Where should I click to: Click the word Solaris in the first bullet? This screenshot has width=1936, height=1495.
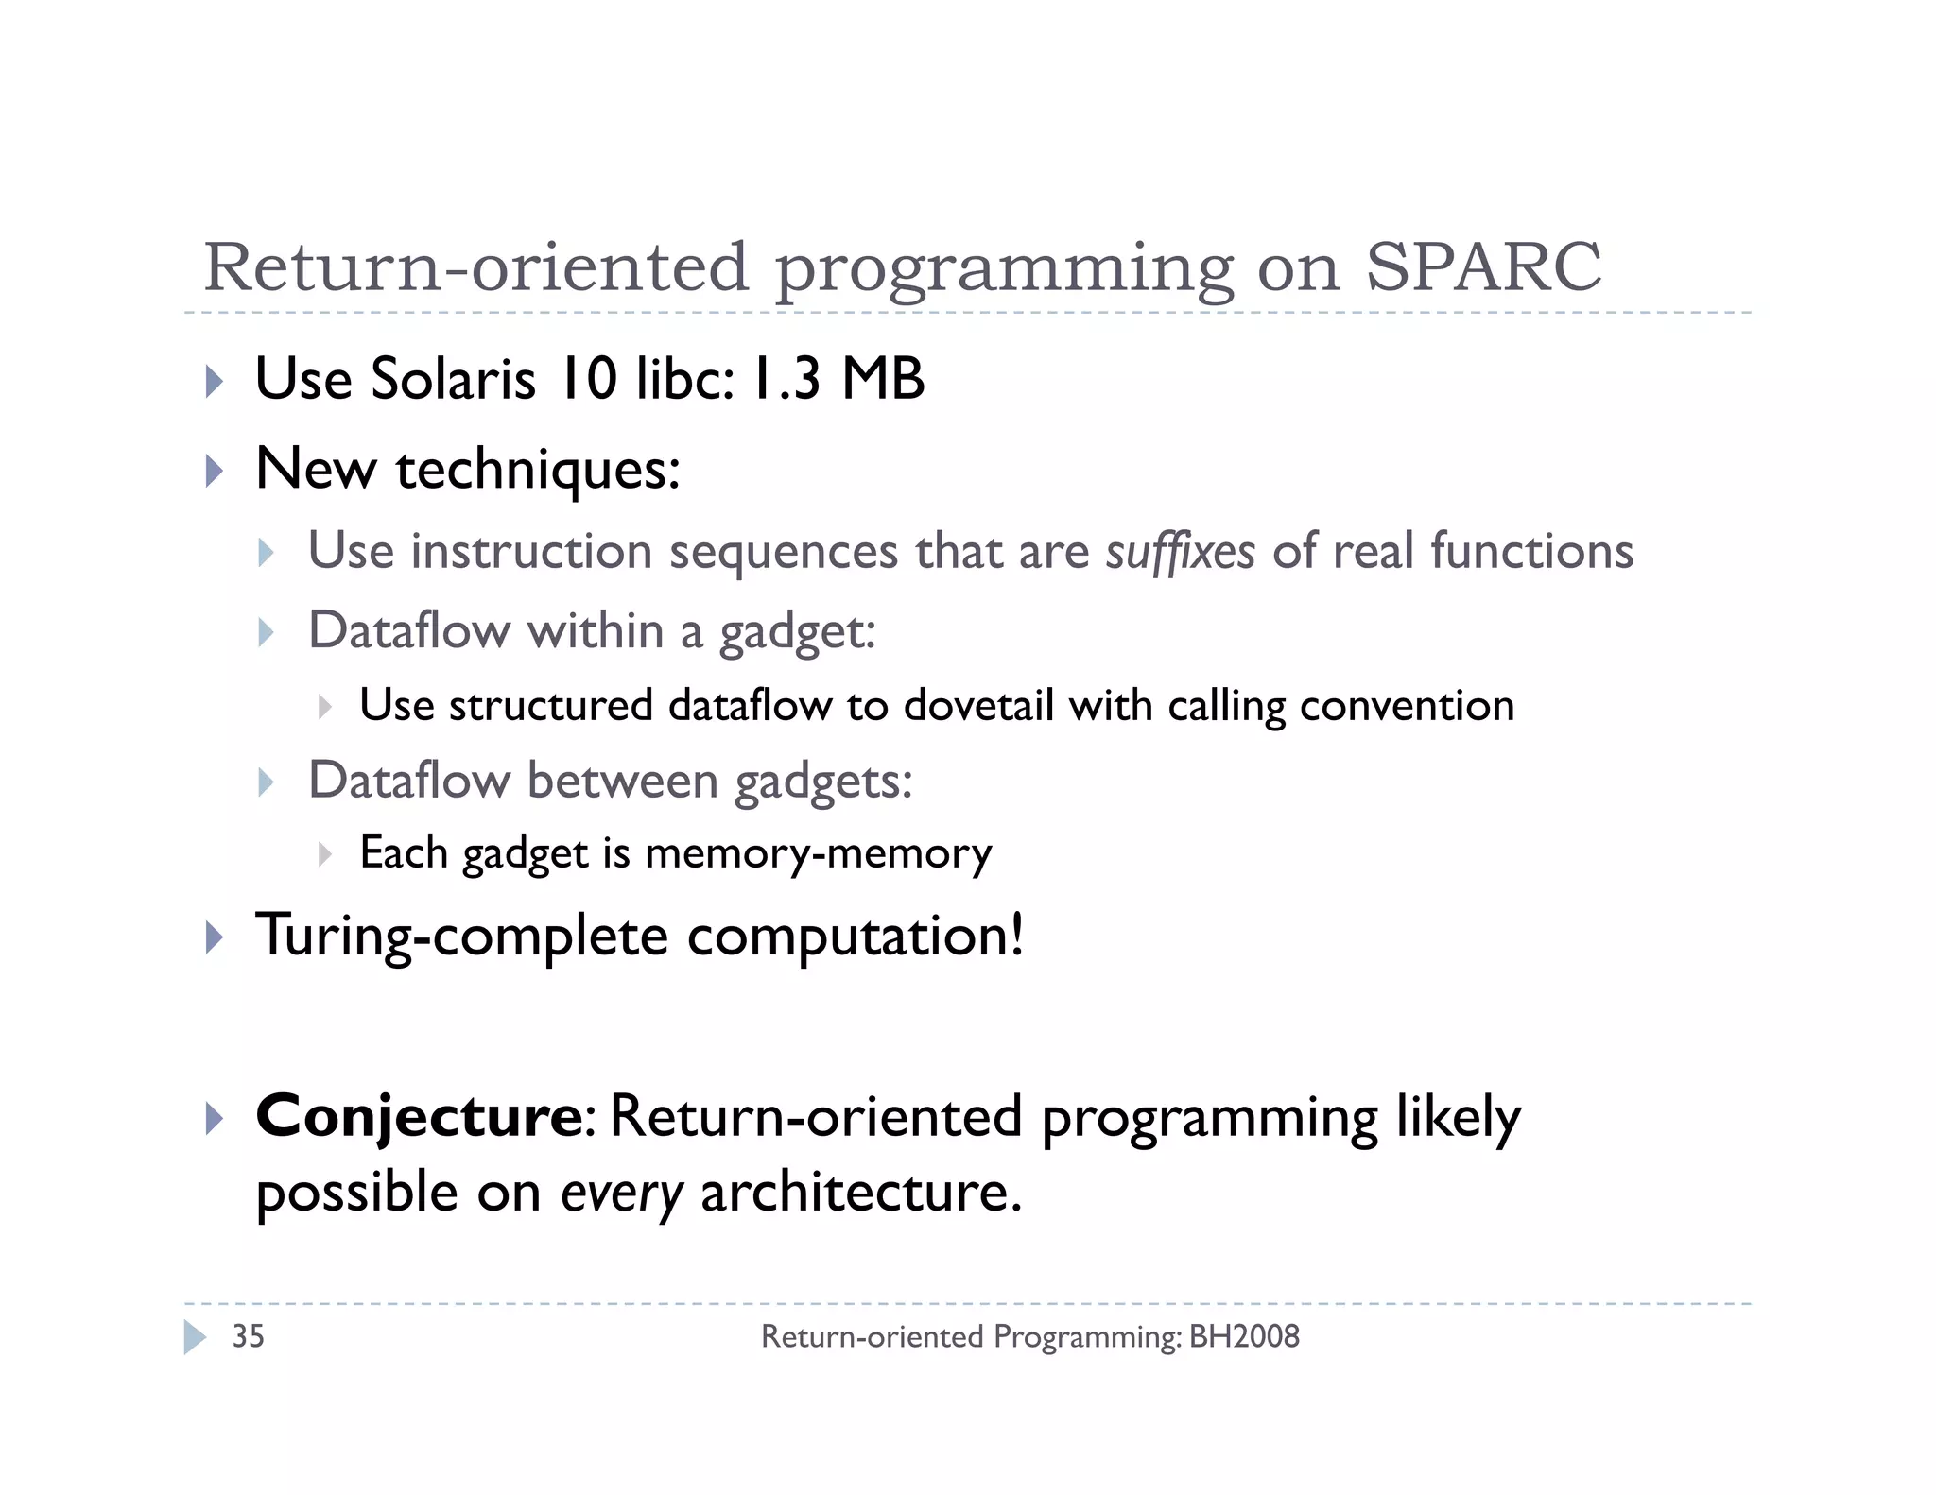[453, 379]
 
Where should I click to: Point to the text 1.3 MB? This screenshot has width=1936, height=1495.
[838, 379]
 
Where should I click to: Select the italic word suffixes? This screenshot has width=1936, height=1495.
[1180, 551]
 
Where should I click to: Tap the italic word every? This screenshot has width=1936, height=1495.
[621, 1193]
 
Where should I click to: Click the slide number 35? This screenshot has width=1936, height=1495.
[248, 1336]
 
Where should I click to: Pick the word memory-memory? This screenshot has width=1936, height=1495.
[818, 853]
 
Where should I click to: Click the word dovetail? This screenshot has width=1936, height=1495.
[978, 706]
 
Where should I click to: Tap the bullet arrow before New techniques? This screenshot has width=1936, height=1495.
[215, 470]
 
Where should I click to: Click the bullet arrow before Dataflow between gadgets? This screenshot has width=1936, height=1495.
[266, 782]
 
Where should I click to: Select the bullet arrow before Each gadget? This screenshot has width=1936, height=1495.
[324, 854]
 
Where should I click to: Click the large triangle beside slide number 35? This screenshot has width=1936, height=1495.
[195, 1337]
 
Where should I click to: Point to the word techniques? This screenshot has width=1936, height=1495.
[537, 470]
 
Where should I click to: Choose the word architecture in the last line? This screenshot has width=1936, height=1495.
[860, 1193]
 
